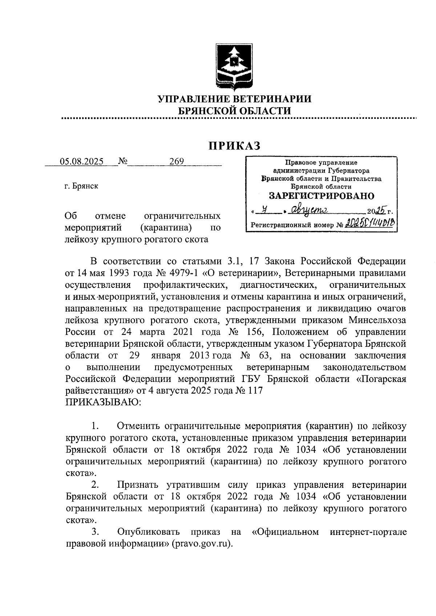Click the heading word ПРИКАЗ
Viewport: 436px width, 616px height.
coord(234,145)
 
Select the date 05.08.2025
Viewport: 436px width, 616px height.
coord(82,161)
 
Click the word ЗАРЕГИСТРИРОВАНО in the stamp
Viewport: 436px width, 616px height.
coord(321,196)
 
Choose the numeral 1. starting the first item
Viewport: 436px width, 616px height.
coord(95,426)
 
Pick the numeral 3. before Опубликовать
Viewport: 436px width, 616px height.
coord(95,532)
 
